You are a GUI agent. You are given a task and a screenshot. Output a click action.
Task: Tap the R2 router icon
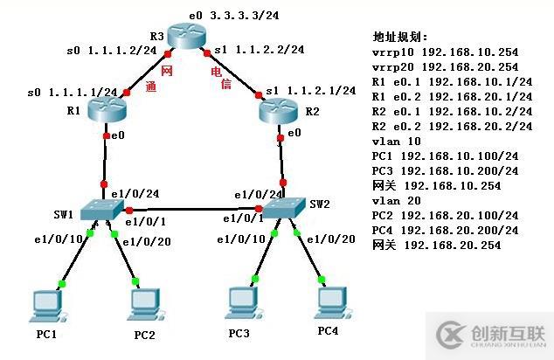(280, 109)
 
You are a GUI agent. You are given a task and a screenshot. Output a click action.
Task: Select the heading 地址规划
(401, 38)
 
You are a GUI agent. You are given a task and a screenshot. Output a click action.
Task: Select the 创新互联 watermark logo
(493, 334)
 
